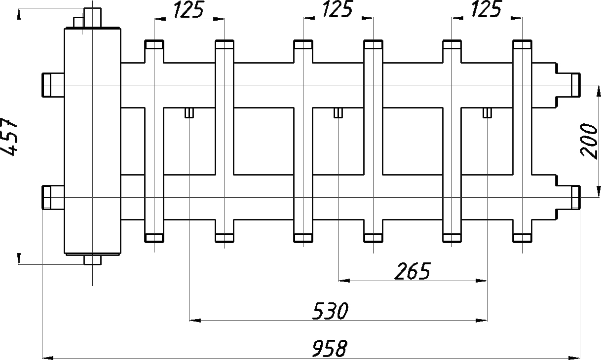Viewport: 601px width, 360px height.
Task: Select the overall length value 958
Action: (x=330, y=348)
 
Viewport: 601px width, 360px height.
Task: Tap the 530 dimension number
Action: (x=331, y=311)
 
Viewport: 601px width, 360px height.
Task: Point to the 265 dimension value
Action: (x=413, y=271)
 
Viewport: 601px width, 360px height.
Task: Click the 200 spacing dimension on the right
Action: (x=590, y=141)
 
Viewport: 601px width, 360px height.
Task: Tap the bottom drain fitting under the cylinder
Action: (x=92, y=259)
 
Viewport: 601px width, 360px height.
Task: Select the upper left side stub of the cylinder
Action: (x=52, y=84)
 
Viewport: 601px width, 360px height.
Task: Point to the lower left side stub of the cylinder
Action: (x=52, y=197)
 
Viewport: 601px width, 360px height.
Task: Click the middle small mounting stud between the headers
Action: (x=338, y=113)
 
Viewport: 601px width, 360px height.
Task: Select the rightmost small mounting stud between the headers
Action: (x=487, y=113)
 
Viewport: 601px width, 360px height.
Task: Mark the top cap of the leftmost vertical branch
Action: (x=154, y=45)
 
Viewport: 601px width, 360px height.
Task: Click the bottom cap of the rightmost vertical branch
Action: (x=523, y=238)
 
